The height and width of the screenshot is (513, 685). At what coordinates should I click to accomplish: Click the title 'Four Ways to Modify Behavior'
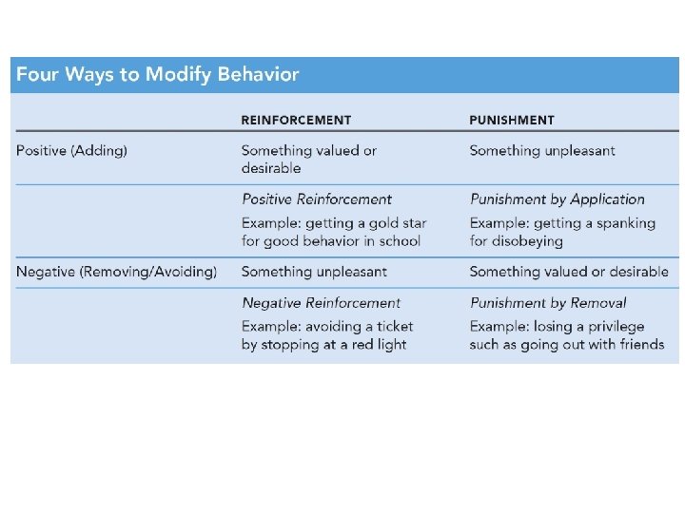157,75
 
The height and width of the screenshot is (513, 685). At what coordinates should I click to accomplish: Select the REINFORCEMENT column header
296,121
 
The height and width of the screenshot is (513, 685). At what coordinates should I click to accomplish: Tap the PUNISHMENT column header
512,121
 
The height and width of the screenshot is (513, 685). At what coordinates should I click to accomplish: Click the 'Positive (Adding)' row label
71,150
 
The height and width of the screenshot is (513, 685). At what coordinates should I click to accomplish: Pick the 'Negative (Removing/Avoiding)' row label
116,272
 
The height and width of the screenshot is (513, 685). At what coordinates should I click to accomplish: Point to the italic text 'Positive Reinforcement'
317,199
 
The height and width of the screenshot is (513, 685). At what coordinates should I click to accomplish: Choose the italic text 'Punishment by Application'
558,199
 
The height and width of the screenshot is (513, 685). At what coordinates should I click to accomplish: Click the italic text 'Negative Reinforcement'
322,303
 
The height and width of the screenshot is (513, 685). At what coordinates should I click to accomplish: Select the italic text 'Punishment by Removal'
548,303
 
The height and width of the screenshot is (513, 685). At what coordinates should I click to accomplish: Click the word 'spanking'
625,223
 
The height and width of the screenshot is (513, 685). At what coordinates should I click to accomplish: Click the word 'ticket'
393,327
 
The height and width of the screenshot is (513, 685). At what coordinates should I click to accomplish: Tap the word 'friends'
640,344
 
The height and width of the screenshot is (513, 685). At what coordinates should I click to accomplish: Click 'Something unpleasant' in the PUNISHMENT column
542,150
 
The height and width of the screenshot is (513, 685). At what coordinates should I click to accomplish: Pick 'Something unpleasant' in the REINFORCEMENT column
314,272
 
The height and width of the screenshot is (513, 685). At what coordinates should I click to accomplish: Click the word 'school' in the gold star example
399,240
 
